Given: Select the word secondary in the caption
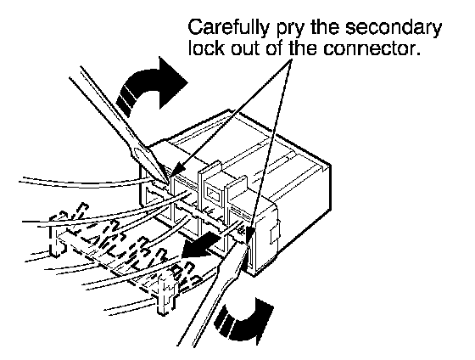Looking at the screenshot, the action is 394,28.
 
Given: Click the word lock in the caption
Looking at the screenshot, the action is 206,48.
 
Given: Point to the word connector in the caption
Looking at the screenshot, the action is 372,48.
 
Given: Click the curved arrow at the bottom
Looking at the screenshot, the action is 243,323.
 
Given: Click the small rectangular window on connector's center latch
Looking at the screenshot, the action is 215,194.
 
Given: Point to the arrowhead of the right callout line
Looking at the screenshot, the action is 249,235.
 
